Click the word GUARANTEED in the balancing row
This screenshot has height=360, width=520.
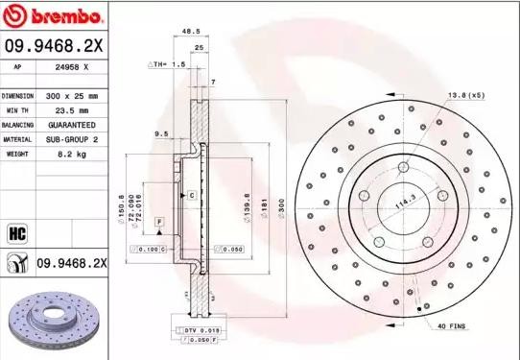(x=73, y=125)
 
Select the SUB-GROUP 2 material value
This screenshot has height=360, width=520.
(x=73, y=138)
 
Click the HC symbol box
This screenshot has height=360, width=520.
(x=16, y=232)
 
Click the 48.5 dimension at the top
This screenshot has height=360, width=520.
(x=191, y=32)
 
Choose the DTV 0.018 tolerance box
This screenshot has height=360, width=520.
(x=198, y=329)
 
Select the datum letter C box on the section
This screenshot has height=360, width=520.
(x=192, y=195)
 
